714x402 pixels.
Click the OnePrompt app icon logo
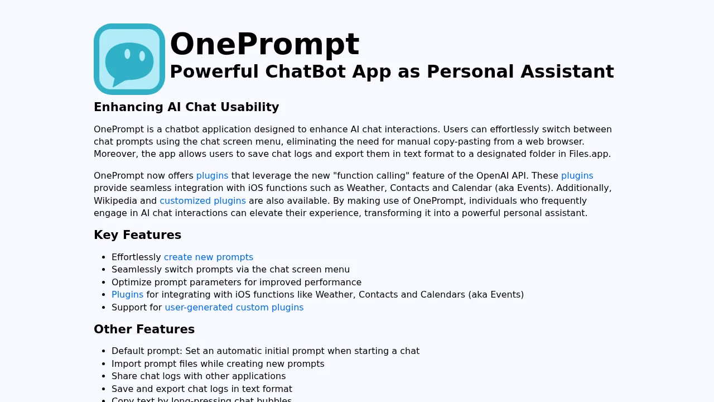(129, 59)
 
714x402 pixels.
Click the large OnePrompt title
(264, 44)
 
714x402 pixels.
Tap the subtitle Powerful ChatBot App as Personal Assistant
(392, 71)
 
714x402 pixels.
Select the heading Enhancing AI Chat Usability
(186, 107)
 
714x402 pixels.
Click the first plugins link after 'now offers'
(212, 176)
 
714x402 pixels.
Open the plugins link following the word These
(577, 176)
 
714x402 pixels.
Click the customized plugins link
(202, 201)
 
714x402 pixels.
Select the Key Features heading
(137, 235)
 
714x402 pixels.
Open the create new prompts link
(209, 257)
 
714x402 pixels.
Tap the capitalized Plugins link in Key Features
(127, 295)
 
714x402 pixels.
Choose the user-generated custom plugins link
(234, 308)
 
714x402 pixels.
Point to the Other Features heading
(144, 329)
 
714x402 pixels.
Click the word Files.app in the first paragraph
(590, 154)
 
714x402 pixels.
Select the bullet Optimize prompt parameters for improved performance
(237, 283)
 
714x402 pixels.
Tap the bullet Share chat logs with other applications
(199, 376)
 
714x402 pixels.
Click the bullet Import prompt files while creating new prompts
(218, 364)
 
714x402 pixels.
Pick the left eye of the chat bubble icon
(127, 54)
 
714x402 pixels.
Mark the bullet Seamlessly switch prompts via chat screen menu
(230, 270)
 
